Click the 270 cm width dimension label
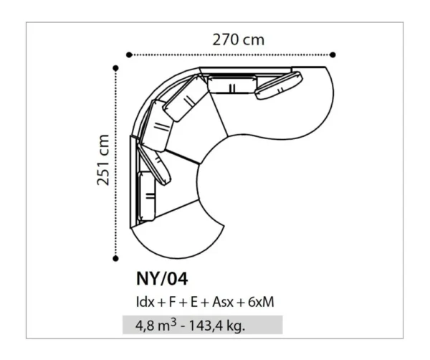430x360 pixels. click(239, 40)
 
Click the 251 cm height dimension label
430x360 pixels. click(103, 160)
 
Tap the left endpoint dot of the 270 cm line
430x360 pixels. click(129, 55)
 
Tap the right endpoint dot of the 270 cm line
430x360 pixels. click(333, 55)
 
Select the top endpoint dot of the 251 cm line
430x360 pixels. click(115, 68)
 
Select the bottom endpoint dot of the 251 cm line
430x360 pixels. click(115, 258)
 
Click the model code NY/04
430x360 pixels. click(162, 279)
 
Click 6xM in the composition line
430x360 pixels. click(261, 302)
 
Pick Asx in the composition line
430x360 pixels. click(223, 302)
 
